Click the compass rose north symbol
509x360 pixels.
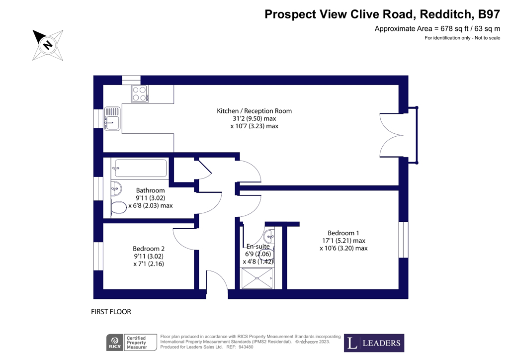tap(48, 45)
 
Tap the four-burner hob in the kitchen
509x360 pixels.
tap(139, 93)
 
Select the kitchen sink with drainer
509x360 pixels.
tap(112, 118)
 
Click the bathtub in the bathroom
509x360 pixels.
tap(140, 168)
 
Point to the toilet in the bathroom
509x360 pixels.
tap(118, 207)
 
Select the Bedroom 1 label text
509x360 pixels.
tap(343, 233)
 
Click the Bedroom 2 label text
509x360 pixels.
tap(148, 249)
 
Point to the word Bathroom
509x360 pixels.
tap(150, 190)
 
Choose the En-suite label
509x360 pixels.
tap(258, 247)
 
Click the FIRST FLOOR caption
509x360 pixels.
tap(111, 312)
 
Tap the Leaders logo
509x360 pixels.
tap(374, 343)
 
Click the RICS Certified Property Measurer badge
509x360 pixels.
tap(131, 343)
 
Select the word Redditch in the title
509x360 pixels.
tap(440, 13)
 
